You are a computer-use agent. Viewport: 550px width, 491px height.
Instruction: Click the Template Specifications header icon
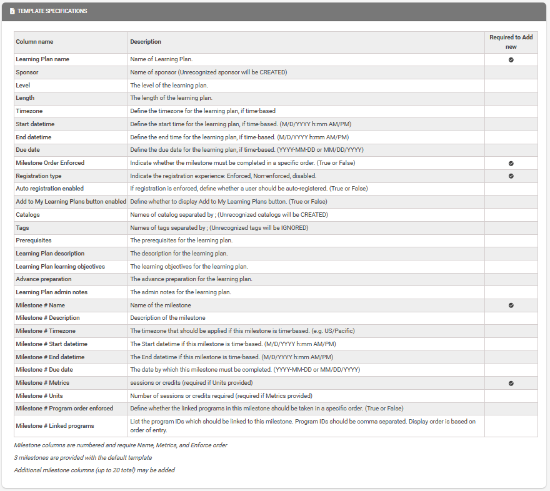[x=12, y=11]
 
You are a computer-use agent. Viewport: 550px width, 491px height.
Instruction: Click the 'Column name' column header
[x=34, y=42]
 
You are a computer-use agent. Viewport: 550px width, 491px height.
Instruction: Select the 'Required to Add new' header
[x=511, y=42]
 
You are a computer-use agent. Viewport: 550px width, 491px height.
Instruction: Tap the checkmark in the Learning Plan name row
[x=511, y=59]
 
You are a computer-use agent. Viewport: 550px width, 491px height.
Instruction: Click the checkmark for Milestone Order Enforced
[x=511, y=163]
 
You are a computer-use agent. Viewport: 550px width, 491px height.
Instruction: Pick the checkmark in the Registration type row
[x=511, y=176]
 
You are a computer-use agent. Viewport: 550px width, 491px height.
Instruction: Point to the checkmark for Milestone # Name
[x=511, y=305]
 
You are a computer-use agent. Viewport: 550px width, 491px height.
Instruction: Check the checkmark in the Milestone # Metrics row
[x=511, y=383]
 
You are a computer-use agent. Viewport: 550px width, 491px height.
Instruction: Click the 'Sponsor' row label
[x=27, y=72]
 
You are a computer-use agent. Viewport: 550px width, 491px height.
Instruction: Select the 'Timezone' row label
[x=29, y=111]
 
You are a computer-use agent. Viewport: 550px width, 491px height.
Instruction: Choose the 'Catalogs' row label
[x=27, y=215]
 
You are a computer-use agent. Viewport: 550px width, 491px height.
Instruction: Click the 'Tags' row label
[x=22, y=228]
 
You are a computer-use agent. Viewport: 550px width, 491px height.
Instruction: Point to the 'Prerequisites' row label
[x=34, y=241]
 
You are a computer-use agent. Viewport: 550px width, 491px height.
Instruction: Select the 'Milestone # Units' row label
[x=39, y=395]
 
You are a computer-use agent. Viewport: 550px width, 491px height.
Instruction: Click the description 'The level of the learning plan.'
[x=169, y=85]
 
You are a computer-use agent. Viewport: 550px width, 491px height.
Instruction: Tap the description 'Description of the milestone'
[x=167, y=318]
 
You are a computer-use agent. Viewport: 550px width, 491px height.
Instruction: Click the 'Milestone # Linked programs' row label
[x=55, y=426]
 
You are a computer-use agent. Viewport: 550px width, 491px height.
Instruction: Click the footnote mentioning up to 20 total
[x=94, y=470]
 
